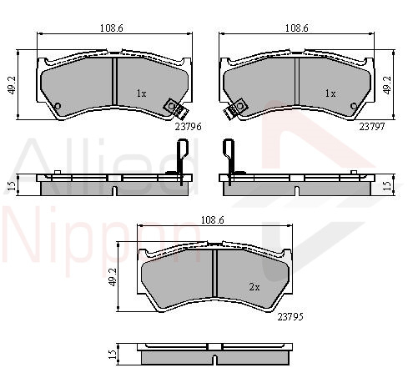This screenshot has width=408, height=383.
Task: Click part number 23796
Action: click(x=188, y=127)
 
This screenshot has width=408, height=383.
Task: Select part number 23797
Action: click(x=372, y=127)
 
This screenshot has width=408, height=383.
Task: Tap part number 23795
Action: click(x=290, y=317)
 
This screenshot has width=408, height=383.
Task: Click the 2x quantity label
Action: click(x=254, y=287)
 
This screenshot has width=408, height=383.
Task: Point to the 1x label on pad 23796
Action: click(x=141, y=93)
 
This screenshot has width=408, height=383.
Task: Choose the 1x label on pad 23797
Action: click(x=330, y=93)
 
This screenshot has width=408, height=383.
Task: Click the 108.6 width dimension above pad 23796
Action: click(x=112, y=28)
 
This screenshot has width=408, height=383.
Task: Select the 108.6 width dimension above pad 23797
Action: click(x=297, y=28)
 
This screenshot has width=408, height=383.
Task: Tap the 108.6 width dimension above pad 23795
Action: click(x=213, y=220)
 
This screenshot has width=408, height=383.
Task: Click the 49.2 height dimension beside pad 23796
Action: click(x=13, y=85)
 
